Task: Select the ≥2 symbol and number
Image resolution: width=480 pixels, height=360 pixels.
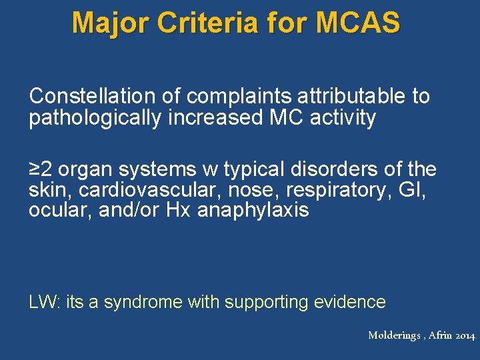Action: [41, 169]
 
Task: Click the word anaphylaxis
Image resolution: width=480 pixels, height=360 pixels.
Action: [253, 211]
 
